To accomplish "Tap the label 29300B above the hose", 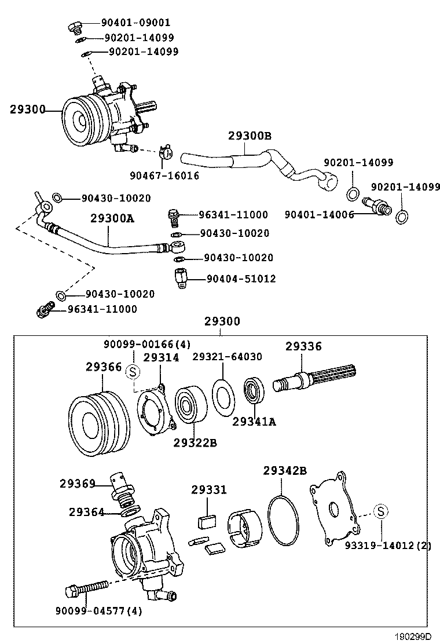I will (x=250, y=136).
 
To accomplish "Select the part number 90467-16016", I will (x=164, y=175).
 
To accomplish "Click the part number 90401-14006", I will (x=319, y=214).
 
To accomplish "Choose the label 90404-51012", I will (x=241, y=279).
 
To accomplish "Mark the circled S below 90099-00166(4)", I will (x=133, y=371).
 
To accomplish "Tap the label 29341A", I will (x=254, y=422).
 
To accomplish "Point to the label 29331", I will (x=206, y=491).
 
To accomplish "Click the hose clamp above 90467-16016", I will (x=166, y=153).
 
